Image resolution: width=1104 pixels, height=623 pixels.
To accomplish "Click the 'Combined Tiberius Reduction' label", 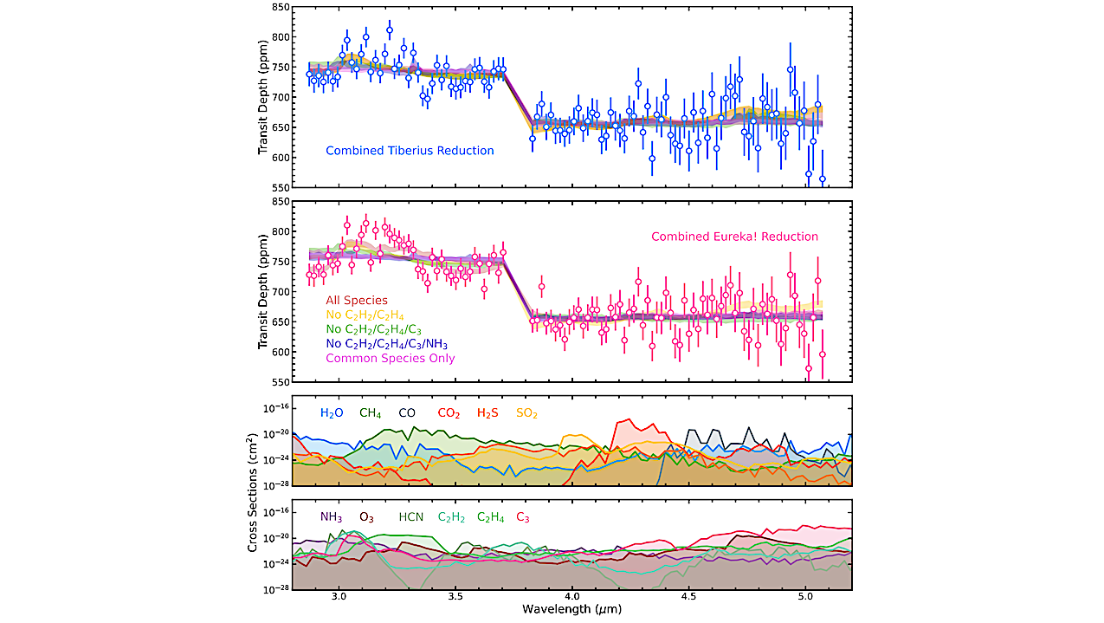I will (x=410, y=151).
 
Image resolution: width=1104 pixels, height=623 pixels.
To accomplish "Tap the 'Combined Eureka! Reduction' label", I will (x=734, y=237).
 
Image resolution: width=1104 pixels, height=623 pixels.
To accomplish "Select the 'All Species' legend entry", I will (x=357, y=301).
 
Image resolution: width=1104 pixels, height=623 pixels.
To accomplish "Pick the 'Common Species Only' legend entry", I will (x=391, y=358).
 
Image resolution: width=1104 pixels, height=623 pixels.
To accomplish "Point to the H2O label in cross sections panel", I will (x=332, y=414).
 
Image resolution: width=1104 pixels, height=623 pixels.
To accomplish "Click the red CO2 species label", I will (x=449, y=414).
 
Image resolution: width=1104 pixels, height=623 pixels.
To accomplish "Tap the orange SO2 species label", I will (x=526, y=414).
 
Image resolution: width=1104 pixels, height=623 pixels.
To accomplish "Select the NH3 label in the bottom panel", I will (x=331, y=517).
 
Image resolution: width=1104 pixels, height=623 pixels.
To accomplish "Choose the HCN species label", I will (x=410, y=517).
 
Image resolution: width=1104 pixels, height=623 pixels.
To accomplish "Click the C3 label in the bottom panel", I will (x=523, y=517).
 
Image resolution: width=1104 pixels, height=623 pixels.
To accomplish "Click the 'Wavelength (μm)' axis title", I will (x=571, y=609).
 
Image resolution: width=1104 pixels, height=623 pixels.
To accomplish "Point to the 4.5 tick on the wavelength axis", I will (x=688, y=598).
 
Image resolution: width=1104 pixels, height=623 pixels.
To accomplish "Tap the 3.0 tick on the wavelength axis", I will (x=339, y=598).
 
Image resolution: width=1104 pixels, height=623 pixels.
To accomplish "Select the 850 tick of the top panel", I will (x=277, y=7).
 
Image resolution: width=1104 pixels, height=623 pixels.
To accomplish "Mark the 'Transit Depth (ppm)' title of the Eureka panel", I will (x=263, y=291).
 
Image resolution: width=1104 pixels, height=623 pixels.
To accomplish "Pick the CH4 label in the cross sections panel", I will (x=371, y=414).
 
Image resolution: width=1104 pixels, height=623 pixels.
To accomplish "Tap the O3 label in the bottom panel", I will (x=366, y=517).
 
